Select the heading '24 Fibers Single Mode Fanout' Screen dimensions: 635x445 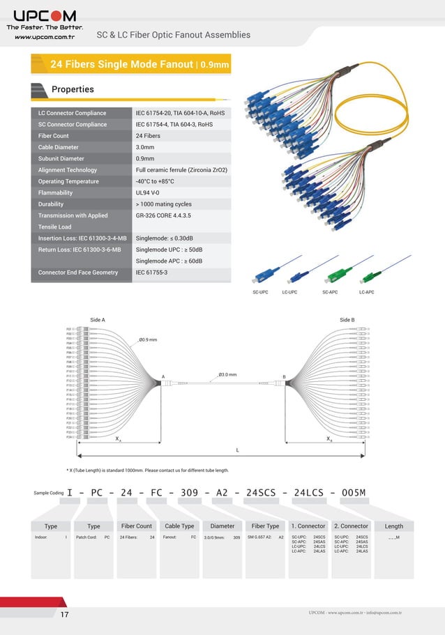(121, 65)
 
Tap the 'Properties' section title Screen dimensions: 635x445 (73, 89)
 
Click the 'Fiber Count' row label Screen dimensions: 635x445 (54, 136)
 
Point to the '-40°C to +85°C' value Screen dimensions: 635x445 (155, 181)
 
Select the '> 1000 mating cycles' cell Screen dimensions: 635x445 (163, 204)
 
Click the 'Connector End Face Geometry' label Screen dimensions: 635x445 (78, 273)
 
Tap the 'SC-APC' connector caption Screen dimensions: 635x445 (330, 292)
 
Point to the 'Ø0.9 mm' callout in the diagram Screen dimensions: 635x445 (148, 339)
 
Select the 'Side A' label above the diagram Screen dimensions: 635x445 (98, 319)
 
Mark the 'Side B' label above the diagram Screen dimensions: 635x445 (347, 319)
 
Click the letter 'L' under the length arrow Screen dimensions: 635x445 (237, 450)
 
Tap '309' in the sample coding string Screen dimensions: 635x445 (190, 493)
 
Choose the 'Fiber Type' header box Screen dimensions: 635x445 (265, 526)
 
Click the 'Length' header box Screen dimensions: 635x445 (394, 526)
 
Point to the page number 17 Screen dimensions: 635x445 (65, 614)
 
